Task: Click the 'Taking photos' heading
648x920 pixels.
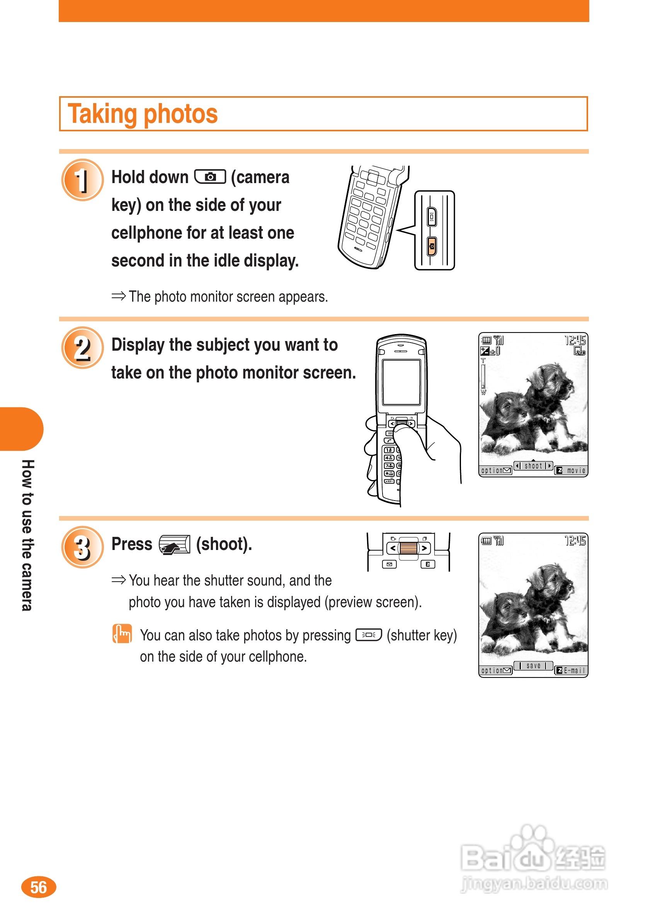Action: (143, 114)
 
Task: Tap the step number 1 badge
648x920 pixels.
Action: (82, 180)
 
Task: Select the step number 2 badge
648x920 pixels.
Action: (82, 347)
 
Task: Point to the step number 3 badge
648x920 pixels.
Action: (82, 547)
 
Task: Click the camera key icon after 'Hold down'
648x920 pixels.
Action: (210, 177)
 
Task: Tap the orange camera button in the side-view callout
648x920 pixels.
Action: (432, 246)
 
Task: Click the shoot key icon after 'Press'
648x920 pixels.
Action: (174, 545)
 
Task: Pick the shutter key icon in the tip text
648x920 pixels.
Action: (369, 635)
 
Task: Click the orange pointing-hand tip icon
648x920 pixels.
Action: (122, 634)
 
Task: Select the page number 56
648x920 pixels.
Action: (39, 887)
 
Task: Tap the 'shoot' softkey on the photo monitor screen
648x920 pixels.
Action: (533, 466)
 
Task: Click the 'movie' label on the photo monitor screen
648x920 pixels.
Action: (576, 470)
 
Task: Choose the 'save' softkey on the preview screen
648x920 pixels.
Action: (533, 665)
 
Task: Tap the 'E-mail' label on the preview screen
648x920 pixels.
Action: (574, 670)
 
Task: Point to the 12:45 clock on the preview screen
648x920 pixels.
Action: (575, 541)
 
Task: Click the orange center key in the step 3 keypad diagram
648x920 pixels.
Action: (408, 548)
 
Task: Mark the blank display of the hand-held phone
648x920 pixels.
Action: (401, 382)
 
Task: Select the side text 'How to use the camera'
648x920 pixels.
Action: (27, 535)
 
